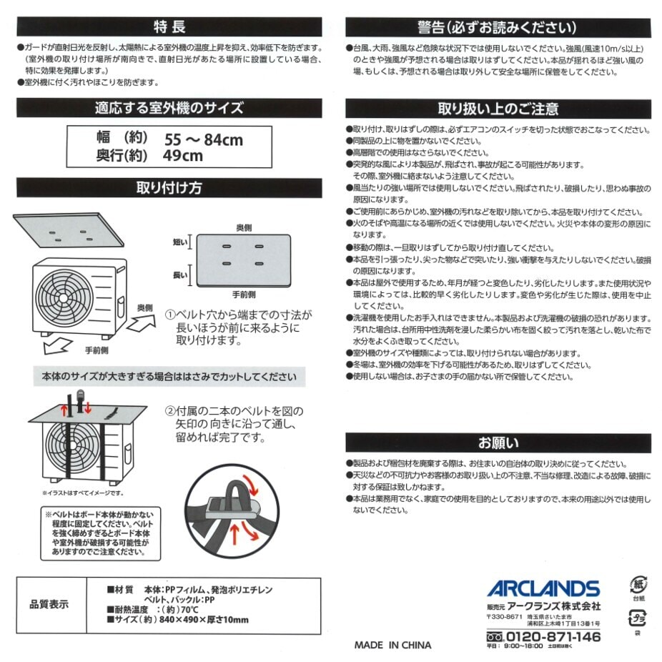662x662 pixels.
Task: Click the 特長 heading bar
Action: (169, 27)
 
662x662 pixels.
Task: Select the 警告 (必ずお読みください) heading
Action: (498, 27)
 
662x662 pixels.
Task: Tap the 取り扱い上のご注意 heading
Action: (498, 109)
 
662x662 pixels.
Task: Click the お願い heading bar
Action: (498, 442)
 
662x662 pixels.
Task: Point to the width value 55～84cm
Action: (204, 139)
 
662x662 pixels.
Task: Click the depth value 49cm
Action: (183, 156)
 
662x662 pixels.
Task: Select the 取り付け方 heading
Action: (169, 188)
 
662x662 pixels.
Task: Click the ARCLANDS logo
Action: (543, 589)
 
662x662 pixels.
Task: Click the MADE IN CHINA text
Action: (392, 645)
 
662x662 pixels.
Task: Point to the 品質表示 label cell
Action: (49, 604)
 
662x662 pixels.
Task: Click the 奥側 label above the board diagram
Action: (244, 227)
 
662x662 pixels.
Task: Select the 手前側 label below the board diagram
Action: (244, 294)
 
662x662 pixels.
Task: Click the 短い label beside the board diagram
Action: (179, 243)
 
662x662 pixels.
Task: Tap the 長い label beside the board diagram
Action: (179, 275)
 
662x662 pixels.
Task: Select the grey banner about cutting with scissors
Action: (169, 377)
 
